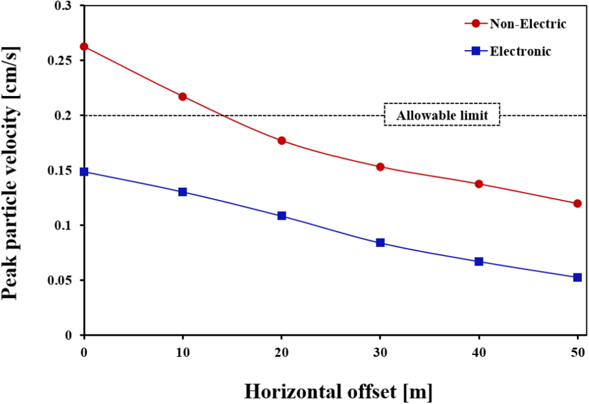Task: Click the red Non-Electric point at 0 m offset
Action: pyautogui.click(x=84, y=46)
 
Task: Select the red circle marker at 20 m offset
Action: pyautogui.click(x=282, y=141)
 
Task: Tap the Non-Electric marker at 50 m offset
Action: pyautogui.click(x=577, y=204)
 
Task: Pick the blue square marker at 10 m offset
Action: pyautogui.click(x=183, y=192)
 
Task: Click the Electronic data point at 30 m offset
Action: pyautogui.click(x=380, y=243)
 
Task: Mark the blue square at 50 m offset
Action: pyautogui.click(x=577, y=278)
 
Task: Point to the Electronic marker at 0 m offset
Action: pyautogui.click(x=84, y=172)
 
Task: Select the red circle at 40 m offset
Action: pyautogui.click(x=479, y=184)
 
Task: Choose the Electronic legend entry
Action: pyautogui.click(x=512, y=52)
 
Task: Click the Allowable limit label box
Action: pyautogui.click(x=442, y=115)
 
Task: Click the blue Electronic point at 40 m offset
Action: pyautogui.click(x=479, y=262)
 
